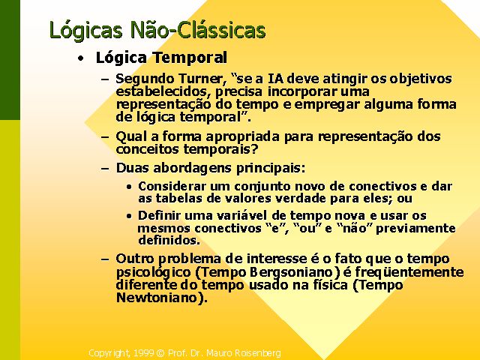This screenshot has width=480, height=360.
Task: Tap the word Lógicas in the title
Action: tap(86, 31)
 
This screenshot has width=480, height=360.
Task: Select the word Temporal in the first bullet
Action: tap(190, 57)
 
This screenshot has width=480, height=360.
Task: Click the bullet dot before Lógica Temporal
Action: tap(80, 58)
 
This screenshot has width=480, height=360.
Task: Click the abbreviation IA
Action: tap(276, 79)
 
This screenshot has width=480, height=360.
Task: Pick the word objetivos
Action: tap(421, 79)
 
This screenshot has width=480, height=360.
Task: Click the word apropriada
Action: tap(242, 136)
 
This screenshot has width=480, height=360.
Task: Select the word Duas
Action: tap(132, 168)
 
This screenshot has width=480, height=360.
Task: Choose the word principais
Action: tap(270, 168)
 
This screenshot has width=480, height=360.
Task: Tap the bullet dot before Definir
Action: tap(130, 216)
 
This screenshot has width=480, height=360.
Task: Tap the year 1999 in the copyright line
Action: tap(143, 353)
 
